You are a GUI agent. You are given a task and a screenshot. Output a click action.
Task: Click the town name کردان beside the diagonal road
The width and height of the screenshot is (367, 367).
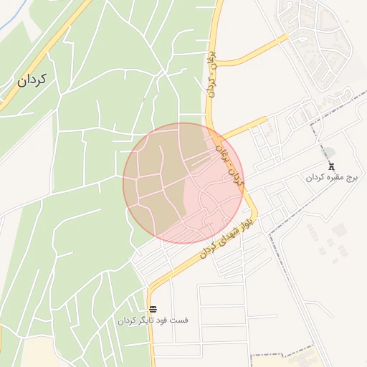(x=32, y=80)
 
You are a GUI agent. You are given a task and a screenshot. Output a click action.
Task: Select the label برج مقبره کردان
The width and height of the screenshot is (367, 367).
(x=331, y=178)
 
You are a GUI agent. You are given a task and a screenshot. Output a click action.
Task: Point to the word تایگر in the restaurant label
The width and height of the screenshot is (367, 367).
(x=146, y=320)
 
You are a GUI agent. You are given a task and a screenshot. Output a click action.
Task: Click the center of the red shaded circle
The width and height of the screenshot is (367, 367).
(x=183, y=183)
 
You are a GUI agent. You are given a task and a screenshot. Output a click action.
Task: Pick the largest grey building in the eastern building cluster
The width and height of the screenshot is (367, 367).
(x=339, y=230)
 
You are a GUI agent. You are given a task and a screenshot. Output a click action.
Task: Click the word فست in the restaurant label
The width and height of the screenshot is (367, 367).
(x=179, y=320)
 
